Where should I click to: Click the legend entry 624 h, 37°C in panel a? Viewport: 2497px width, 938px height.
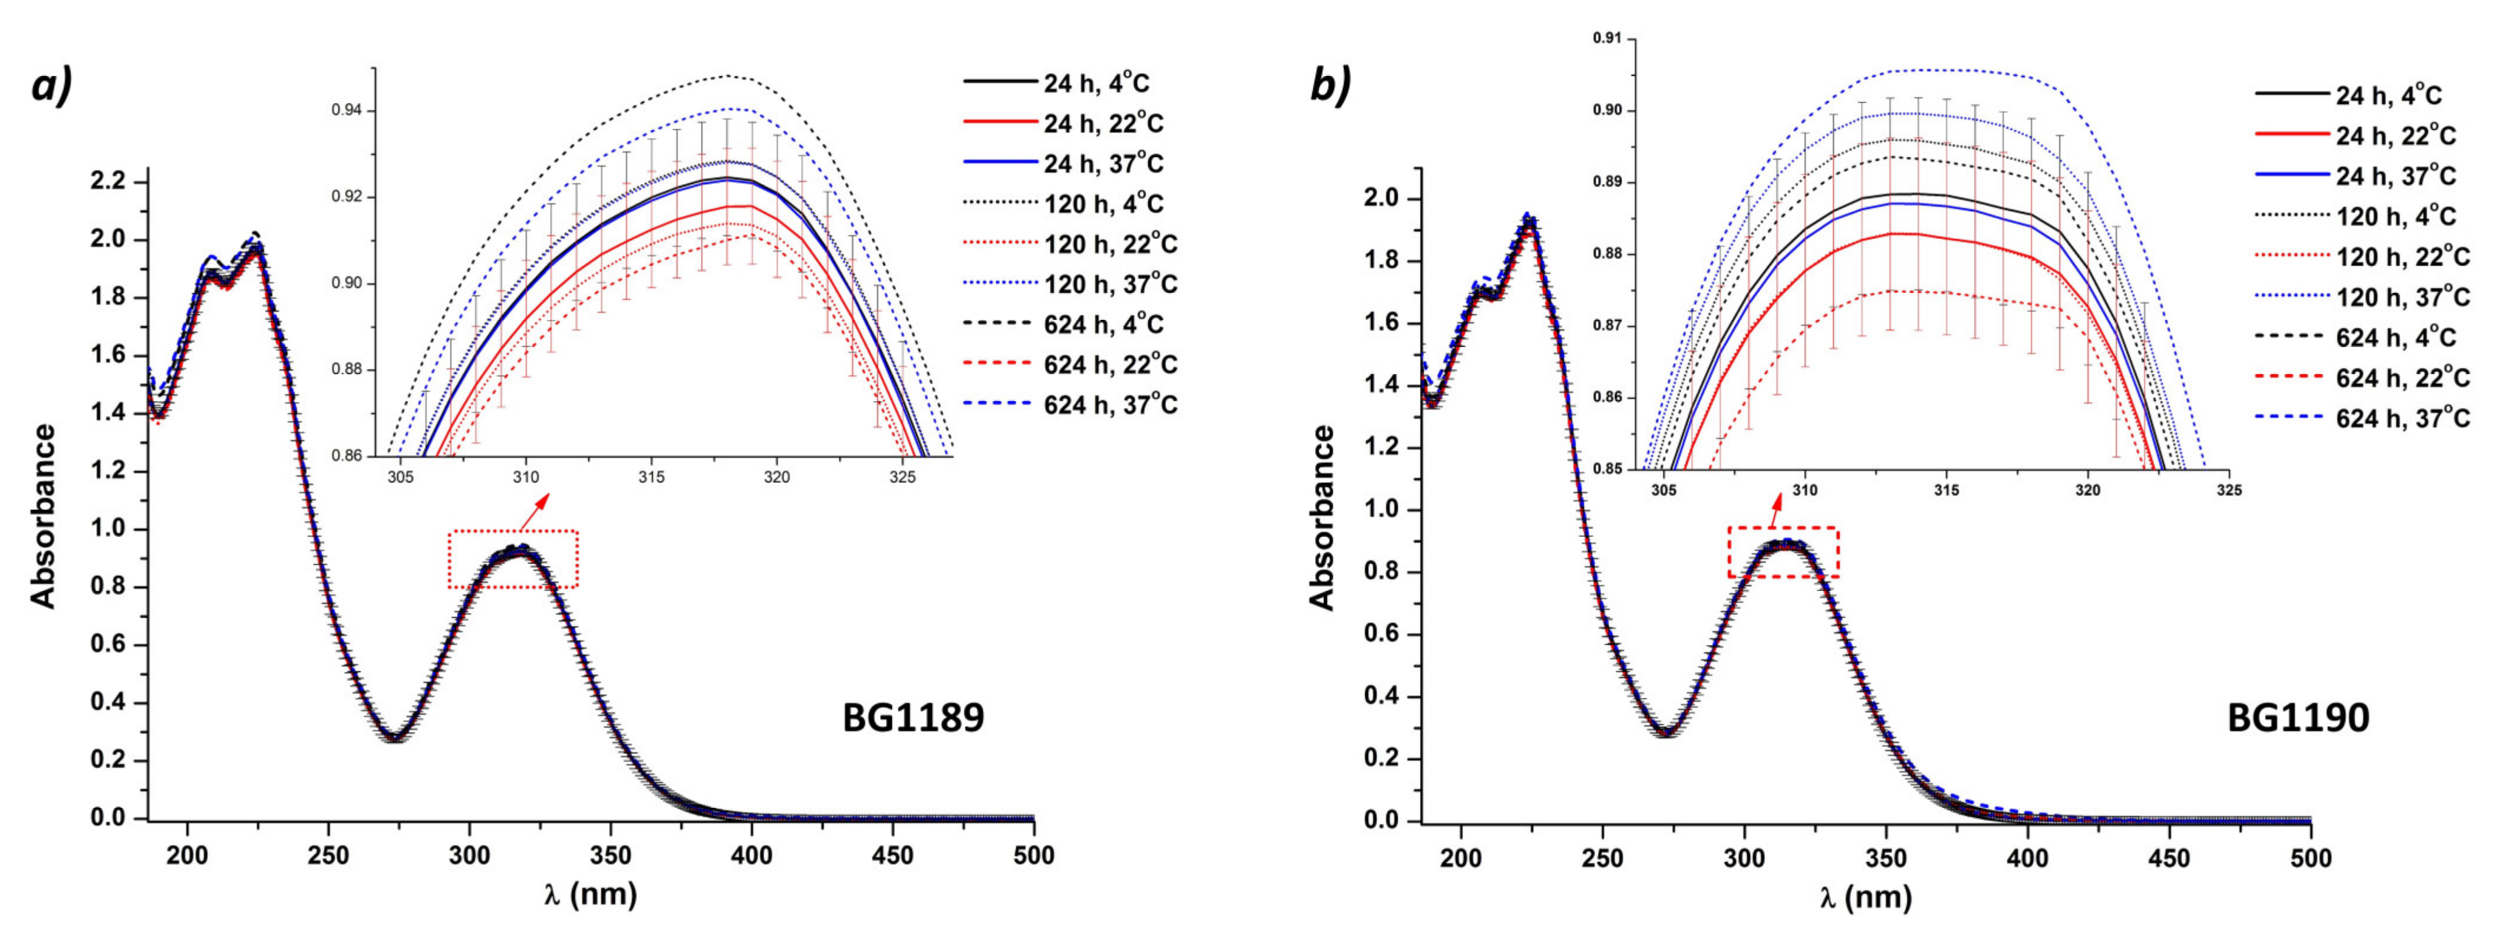click(x=1110, y=405)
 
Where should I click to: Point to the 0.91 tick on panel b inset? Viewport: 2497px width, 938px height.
click(x=1606, y=39)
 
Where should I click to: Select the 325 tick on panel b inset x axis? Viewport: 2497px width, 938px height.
click(x=2228, y=490)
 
